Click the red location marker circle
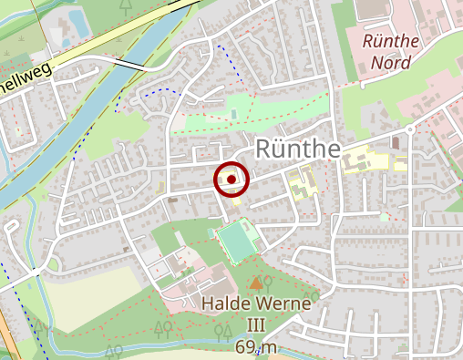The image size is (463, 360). [x=231, y=180]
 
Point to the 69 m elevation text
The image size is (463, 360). [x=255, y=347]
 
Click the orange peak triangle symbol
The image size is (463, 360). [x=256, y=283]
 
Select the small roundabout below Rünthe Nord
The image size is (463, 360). [x=410, y=129]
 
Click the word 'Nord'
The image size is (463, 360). [x=390, y=63]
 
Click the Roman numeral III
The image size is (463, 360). [x=256, y=324]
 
